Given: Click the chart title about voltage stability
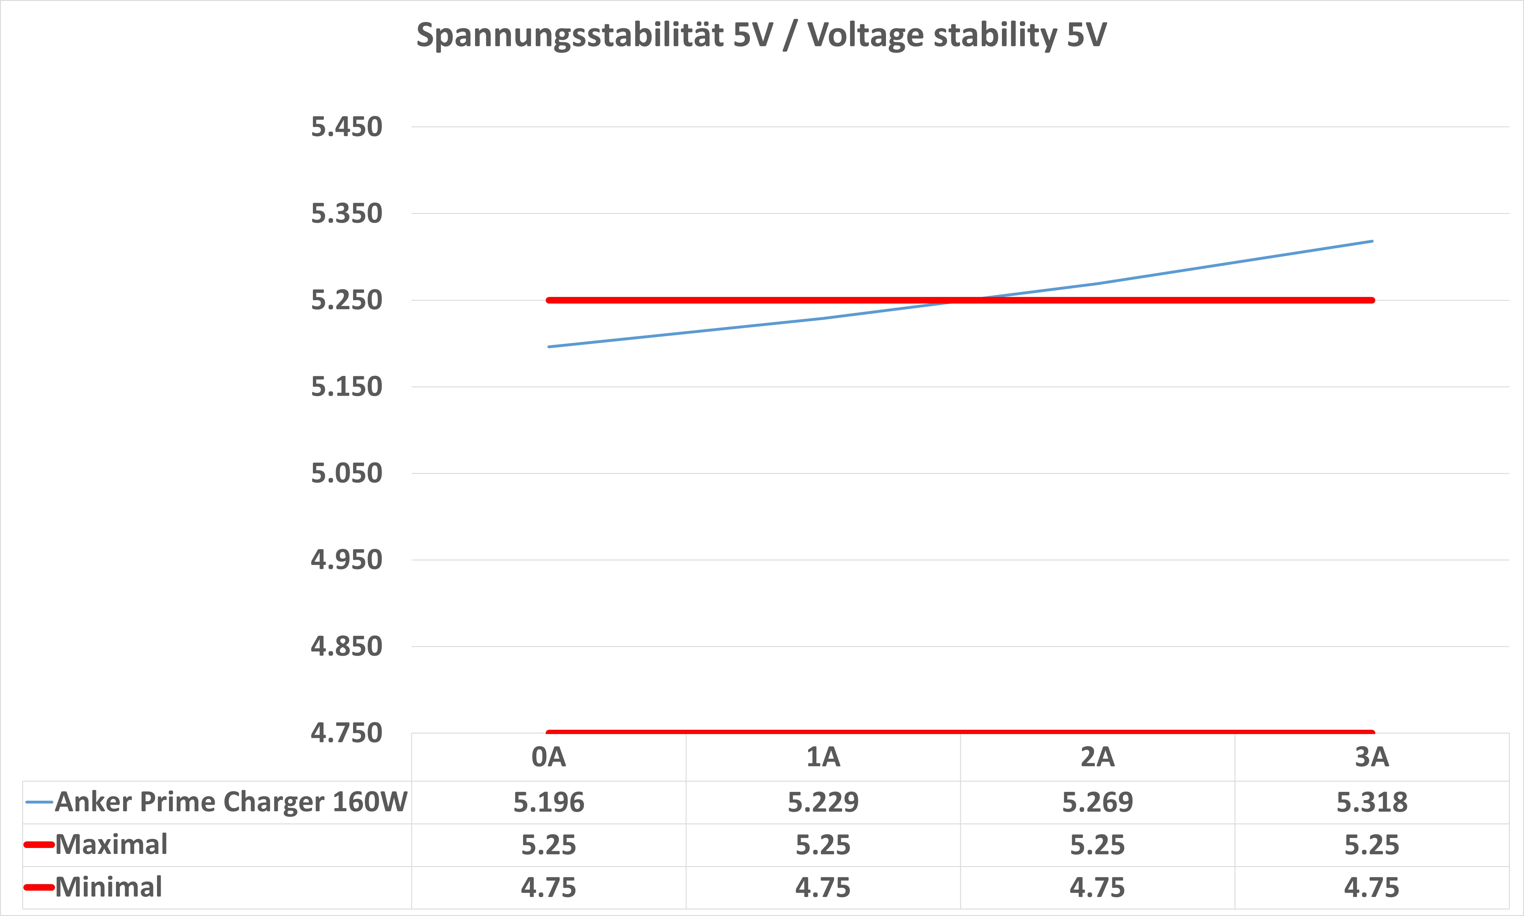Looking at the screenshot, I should [761, 35].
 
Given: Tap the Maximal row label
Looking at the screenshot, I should [111, 845].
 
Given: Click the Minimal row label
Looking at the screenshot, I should [109, 887].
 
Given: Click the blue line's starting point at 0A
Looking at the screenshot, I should [549, 347].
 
